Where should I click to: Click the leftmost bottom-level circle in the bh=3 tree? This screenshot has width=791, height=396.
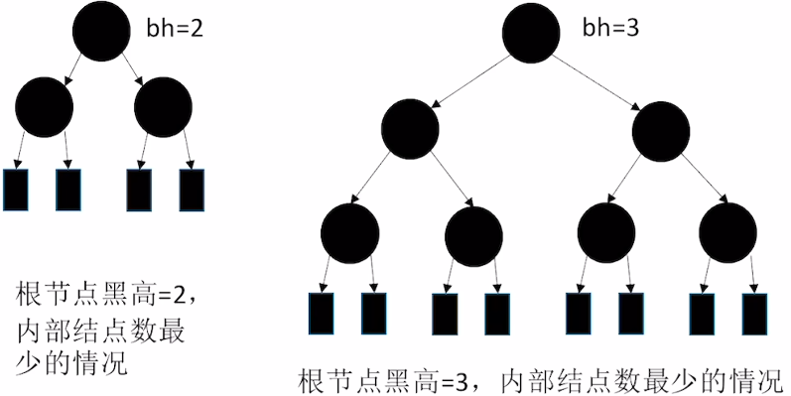coord(350,233)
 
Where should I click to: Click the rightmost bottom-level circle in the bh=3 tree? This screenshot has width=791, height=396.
coord(727,233)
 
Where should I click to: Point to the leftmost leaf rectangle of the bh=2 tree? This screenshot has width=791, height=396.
coord(16,189)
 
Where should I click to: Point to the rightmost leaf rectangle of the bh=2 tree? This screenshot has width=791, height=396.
coord(191,189)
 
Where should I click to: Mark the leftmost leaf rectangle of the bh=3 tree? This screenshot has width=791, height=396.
coord(322,313)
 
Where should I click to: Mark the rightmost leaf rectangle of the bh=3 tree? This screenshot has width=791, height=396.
coord(754,313)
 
